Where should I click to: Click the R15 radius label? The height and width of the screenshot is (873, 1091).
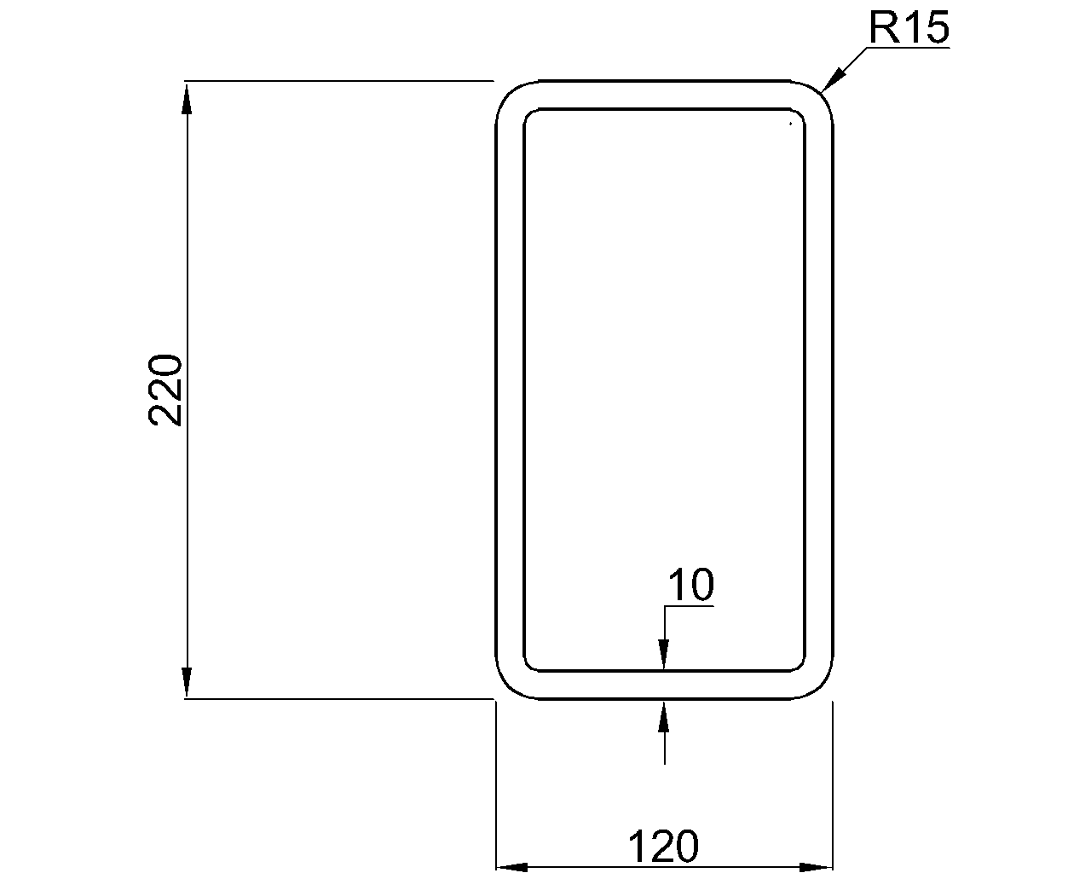point(908,28)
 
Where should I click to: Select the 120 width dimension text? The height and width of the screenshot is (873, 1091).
point(663,847)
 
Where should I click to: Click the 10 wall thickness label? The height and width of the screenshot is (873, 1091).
point(690,587)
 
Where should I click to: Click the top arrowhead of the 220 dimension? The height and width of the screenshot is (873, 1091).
point(187,96)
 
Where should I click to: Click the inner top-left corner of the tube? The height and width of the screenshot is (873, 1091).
point(529,114)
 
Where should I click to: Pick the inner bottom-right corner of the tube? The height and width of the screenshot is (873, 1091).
point(799,666)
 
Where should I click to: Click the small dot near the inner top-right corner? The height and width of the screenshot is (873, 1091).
point(791,124)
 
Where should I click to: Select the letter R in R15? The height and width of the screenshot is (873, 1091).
point(883,28)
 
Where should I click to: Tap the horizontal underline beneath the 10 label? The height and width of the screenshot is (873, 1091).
point(689,606)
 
